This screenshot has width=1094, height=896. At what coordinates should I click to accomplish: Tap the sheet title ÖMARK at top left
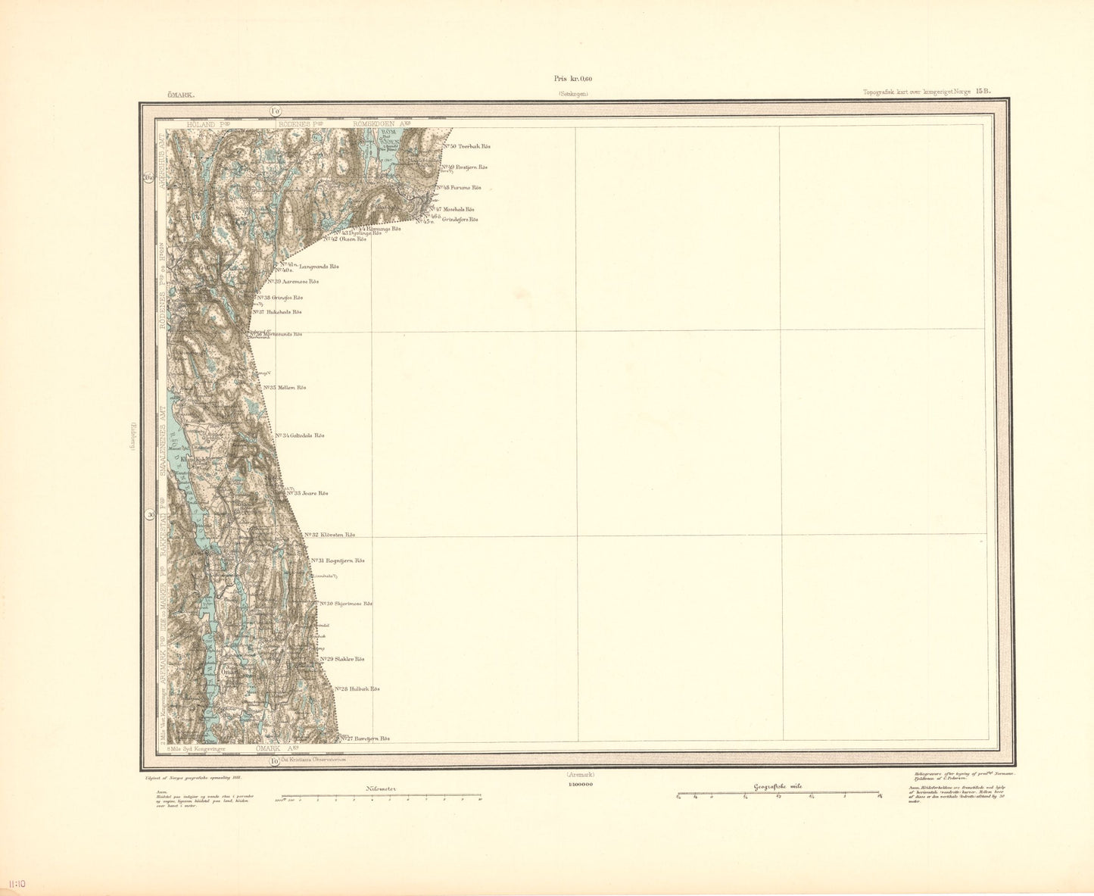click(182, 95)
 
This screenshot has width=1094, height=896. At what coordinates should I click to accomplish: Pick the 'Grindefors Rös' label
click(460, 220)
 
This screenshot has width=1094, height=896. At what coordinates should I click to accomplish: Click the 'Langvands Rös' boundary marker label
click(319, 267)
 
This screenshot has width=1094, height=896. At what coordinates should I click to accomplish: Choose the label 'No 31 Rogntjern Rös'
click(338, 560)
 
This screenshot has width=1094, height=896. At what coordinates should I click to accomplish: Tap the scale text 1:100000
click(579, 785)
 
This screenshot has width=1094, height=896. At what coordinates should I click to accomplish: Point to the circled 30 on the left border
click(151, 516)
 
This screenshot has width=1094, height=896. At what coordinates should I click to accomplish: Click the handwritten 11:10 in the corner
click(17, 884)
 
